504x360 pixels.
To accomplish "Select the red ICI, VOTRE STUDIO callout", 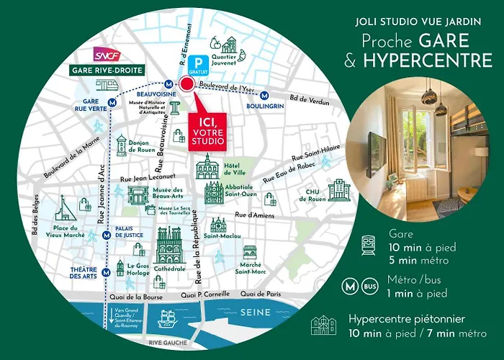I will coord(206,128).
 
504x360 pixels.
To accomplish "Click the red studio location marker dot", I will coord(187,85).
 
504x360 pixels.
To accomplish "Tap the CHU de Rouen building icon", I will coord(338,190).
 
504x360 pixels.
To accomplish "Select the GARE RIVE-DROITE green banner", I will coord(107,70).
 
